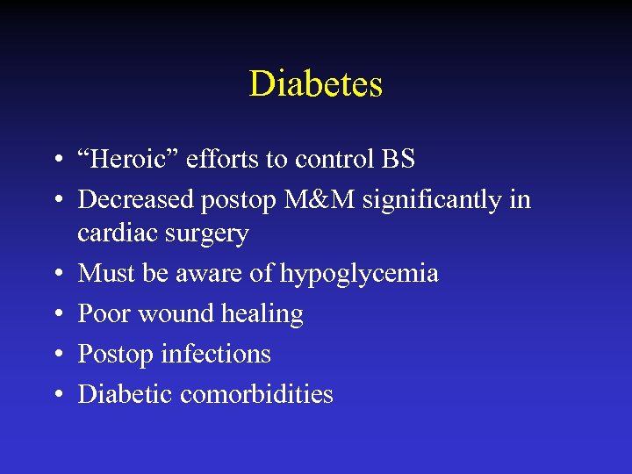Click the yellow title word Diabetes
tap(316, 84)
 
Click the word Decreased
tap(135, 199)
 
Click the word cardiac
tap(109, 233)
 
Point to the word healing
tap(263, 314)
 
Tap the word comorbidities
tap(256, 394)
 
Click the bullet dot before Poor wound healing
tap(55, 314)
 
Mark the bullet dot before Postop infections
tap(55, 355)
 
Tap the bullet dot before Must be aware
tap(55, 274)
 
